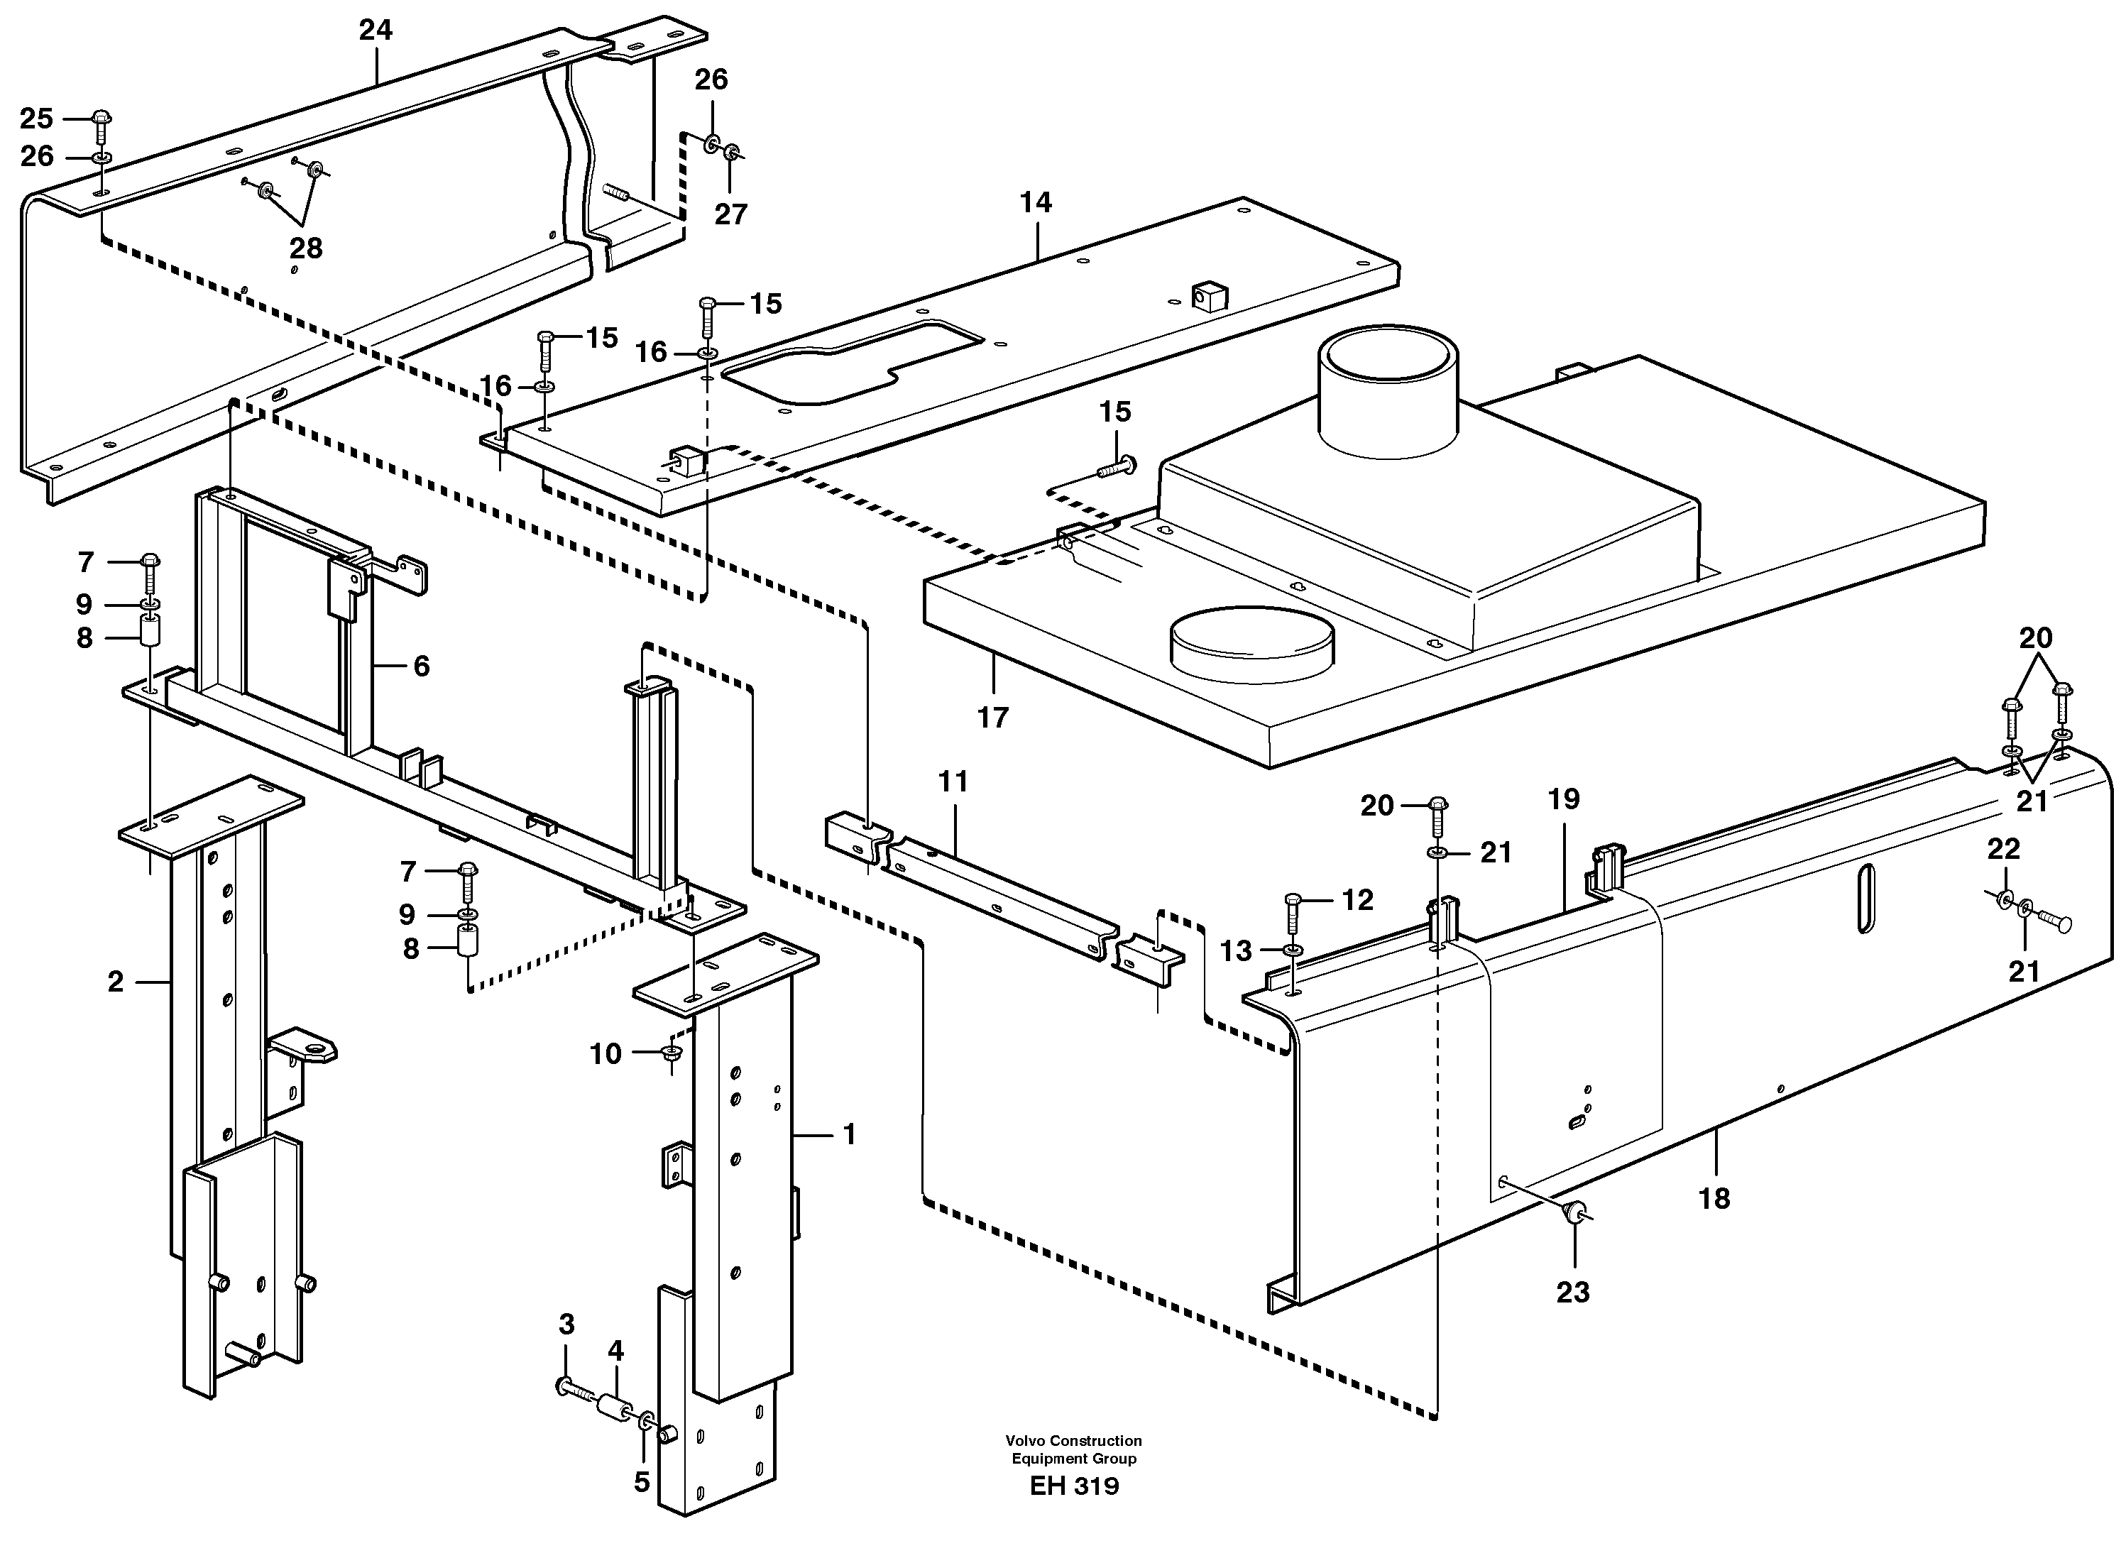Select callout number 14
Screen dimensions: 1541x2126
click(x=1036, y=202)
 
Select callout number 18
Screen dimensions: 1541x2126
click(x=1714, y=1198)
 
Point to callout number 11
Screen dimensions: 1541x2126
click(x=953, y=782)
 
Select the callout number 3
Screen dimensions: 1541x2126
click(x=566, y=1325)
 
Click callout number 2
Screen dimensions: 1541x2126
click(x=115, y=982)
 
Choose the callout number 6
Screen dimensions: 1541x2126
click(x=421, y=667)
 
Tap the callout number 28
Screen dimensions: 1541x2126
click(x=305, y=248)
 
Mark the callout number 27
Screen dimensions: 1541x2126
click(x=730, y=214)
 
